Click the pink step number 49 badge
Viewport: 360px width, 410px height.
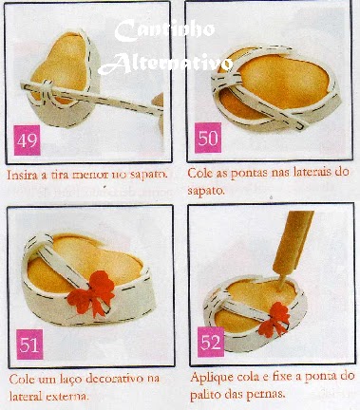[x=28, y=140]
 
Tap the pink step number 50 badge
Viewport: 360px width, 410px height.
[x=208, y=138]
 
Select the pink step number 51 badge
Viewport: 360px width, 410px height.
[x=29, y=345]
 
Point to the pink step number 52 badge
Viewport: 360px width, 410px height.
[x=211, y=342]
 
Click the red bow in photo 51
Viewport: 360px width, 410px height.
[x=92, y=293]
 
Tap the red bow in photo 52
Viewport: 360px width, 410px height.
[x=275, y=319]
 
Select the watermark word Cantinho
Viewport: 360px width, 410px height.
[x=164, y=30]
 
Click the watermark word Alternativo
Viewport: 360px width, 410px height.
[x=165, y=64]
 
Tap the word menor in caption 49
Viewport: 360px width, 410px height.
[x=90, y=175]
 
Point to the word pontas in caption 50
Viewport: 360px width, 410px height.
[x=248, y=173]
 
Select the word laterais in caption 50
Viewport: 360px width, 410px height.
[x=314, y=172]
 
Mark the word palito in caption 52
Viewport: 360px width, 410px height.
[x=206, y=395]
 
